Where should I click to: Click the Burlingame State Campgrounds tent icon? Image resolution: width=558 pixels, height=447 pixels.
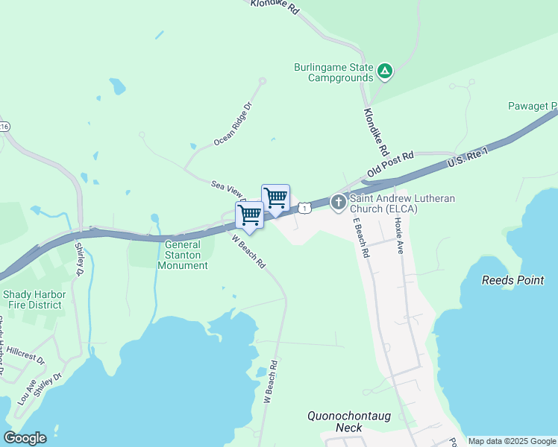pyautogui.click(x=384, y=72)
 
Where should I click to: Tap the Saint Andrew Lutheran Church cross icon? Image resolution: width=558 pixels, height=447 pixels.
pyautogui.click(x=338, y=201)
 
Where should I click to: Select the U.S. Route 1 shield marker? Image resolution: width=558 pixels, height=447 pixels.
pyautogui.click(x=304, y=208)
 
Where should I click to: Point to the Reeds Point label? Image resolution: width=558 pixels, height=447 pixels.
pyautogui.click(x=512, y=280)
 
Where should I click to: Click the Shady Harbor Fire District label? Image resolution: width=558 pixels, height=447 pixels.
pyautogui.click(x=34, y=299)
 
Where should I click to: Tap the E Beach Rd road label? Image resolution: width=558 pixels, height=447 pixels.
pyautogui.click(x=361, y=237)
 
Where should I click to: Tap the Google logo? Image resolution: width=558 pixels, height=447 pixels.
pyautogui.click(x=25, y=438)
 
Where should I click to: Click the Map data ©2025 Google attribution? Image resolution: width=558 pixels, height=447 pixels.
pyautogui.click(x=512, y=441)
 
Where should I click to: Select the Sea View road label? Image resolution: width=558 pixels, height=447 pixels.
pyautogui.click(x=227, y=186)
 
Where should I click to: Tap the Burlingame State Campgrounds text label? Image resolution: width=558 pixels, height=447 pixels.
pyautogui.click(x=333, y=72)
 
